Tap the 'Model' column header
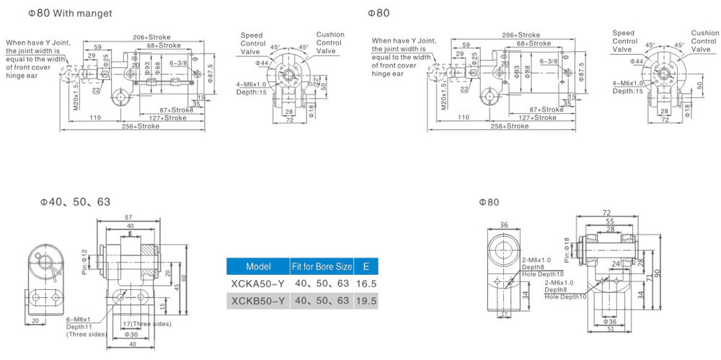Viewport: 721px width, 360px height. pyautogui.click(x=258, y=266)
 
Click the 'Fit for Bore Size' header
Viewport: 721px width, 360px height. pyautogui.click(x=322, y=266)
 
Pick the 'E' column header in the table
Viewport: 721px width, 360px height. pyautogui.click(x=366, y=266)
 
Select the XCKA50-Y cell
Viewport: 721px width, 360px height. pyautogui.click(x=258, y=284)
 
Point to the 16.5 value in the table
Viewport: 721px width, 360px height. pyautogui.click(x=366, y=284)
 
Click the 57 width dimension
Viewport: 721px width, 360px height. pyautogui.click(x=129, y=216)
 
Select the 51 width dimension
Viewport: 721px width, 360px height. pyautogui.click(x=610, y=329)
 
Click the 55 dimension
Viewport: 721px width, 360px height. pyautogui.click(x=610, y=221)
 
